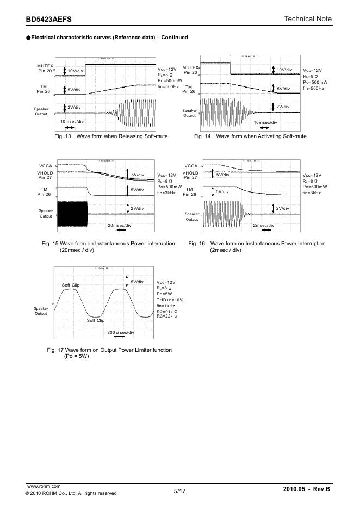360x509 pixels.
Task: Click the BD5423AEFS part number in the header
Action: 48,20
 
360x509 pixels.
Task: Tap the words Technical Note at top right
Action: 307,19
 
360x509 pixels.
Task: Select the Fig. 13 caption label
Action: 64,136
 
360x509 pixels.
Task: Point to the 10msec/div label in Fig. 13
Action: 72,121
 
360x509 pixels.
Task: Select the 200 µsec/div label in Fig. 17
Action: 121,332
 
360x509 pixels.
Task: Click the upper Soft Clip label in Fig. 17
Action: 71,285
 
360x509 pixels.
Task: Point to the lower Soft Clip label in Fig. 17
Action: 96,320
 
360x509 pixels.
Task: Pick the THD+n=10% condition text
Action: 170,300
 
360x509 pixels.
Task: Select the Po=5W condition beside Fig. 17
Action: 165,294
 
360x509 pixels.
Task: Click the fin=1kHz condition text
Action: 167,306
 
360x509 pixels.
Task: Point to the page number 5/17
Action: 180,491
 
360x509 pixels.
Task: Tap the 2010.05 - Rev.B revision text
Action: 307,491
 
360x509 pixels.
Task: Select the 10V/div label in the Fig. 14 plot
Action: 284,70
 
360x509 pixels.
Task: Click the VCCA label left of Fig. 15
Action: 46,165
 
